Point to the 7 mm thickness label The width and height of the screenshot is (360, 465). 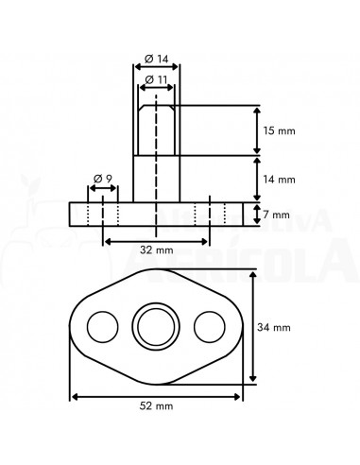[x=277, y=215]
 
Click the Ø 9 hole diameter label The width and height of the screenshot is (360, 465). [x=104, y=179]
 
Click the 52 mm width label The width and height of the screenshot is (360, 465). [x=157, y=405]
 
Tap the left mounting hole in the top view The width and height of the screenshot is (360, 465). [x=99, y=327]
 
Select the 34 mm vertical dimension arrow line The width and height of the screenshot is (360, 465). [x=253, y=327]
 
